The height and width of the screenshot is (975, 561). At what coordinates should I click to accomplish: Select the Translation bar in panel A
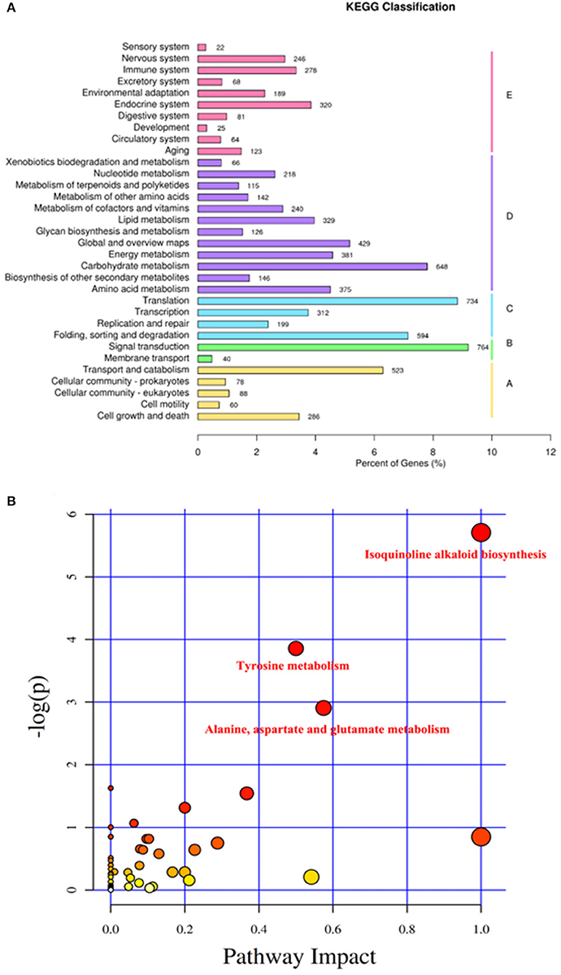[327, 301]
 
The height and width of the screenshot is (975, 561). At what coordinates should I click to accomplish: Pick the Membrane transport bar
[204, 358]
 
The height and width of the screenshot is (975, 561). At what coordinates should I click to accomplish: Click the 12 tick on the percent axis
[550, 451]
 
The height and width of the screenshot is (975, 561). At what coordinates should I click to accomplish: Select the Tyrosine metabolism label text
[293, 666]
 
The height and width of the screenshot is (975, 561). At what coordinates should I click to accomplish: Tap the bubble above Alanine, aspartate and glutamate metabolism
[324, 708]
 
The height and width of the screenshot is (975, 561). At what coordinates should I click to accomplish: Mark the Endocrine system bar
[254, 105]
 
